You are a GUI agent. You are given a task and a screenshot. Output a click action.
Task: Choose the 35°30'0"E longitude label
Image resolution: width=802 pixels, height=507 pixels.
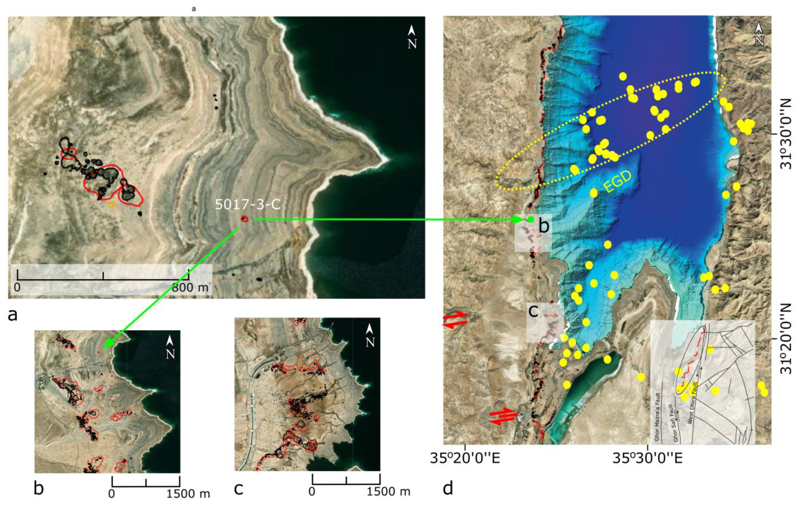click(x=648, y=458)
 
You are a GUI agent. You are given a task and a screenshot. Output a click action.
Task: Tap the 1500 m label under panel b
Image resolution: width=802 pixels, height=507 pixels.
click(x=188, y=493)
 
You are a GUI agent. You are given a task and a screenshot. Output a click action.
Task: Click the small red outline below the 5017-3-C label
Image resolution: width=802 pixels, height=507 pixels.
click(x=245, y=219)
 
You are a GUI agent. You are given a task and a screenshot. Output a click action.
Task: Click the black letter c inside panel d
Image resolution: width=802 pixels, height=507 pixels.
click(x=533, y=311)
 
